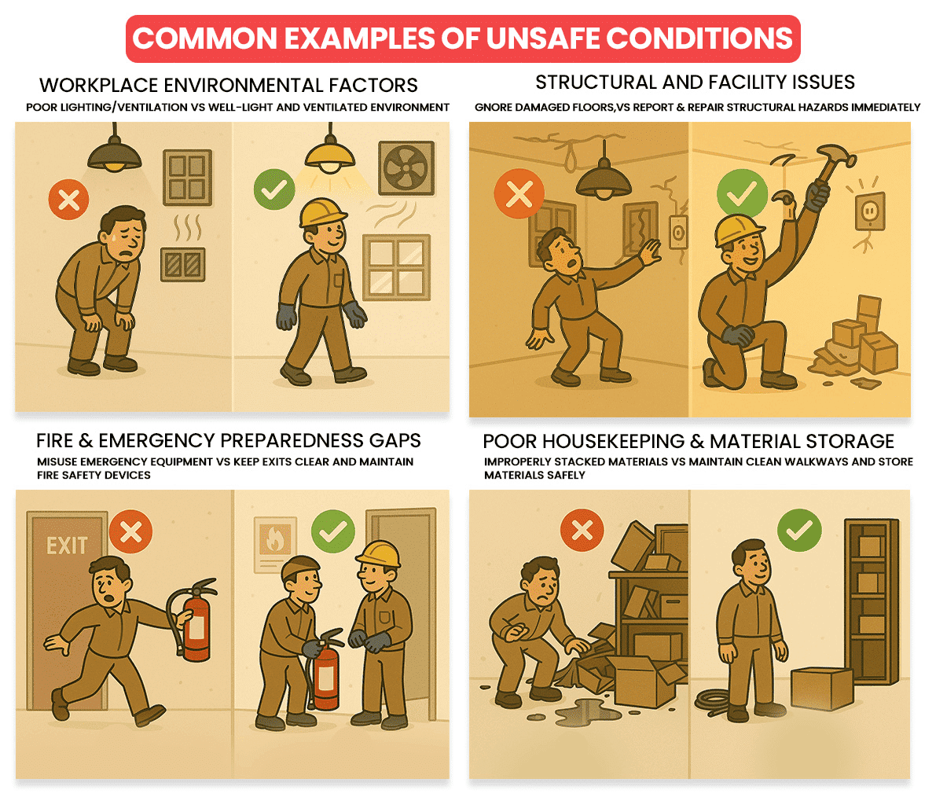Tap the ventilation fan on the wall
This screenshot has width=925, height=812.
pyautogui.click(x=406, y=168)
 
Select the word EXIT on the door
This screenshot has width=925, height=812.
pyautogui.click(x=67, y=546)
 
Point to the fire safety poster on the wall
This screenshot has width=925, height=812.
pyautogui.click(x=275, y=544)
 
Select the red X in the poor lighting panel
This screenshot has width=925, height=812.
pyautogui.click(x=69, y=200)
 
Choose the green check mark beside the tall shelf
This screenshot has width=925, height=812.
pyautogui.click(x=799, y=530)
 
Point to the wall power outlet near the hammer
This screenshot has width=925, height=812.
pyautogui.click(x=869, y=211)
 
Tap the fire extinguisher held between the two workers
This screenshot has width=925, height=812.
pyautogui.click(x=325, y=671)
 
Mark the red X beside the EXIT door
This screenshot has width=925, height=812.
pyautogui.click(x=131, y=531)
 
